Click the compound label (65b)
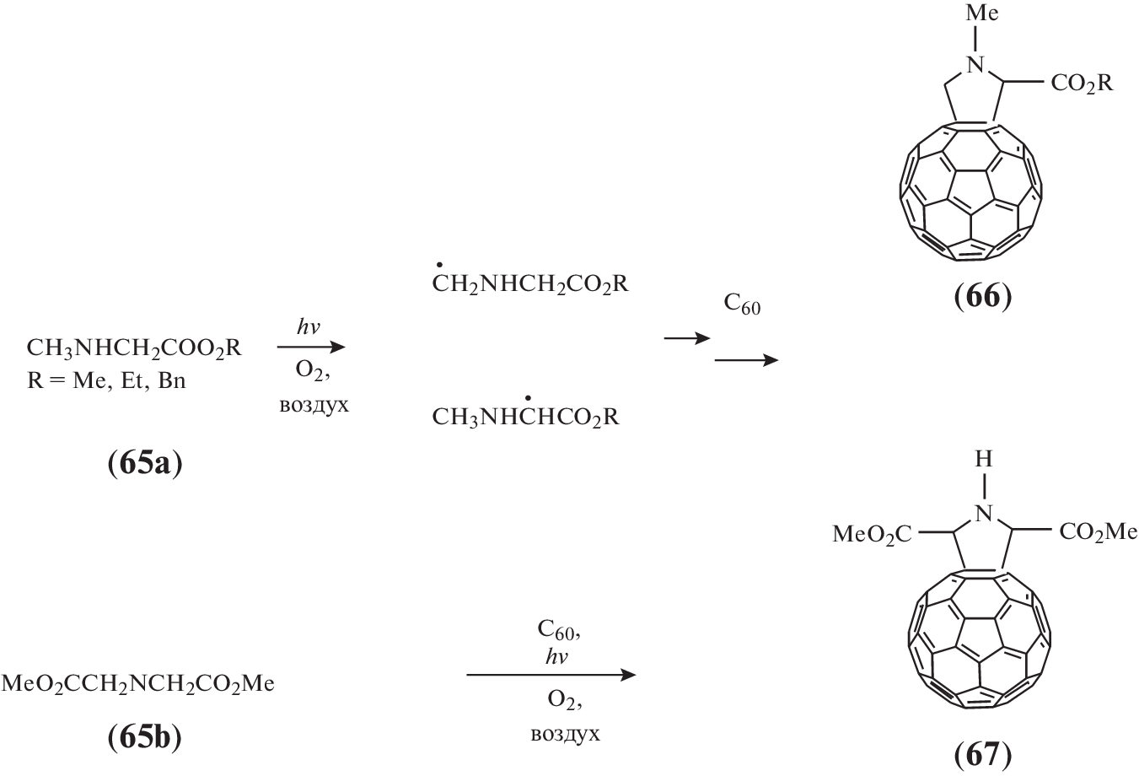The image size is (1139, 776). (145, 738)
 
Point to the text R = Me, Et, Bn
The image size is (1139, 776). (106, 381)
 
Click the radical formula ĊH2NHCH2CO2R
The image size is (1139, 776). (530, 284)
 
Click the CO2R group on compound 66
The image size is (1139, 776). (1081, 84)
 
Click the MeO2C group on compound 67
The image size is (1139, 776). (872, 533)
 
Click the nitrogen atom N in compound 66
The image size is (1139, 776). (975, 64)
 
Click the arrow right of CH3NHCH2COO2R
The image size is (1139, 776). (311, 347)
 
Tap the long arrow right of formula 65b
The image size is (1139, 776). (550, 675)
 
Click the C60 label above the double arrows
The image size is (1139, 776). (742, 305)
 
